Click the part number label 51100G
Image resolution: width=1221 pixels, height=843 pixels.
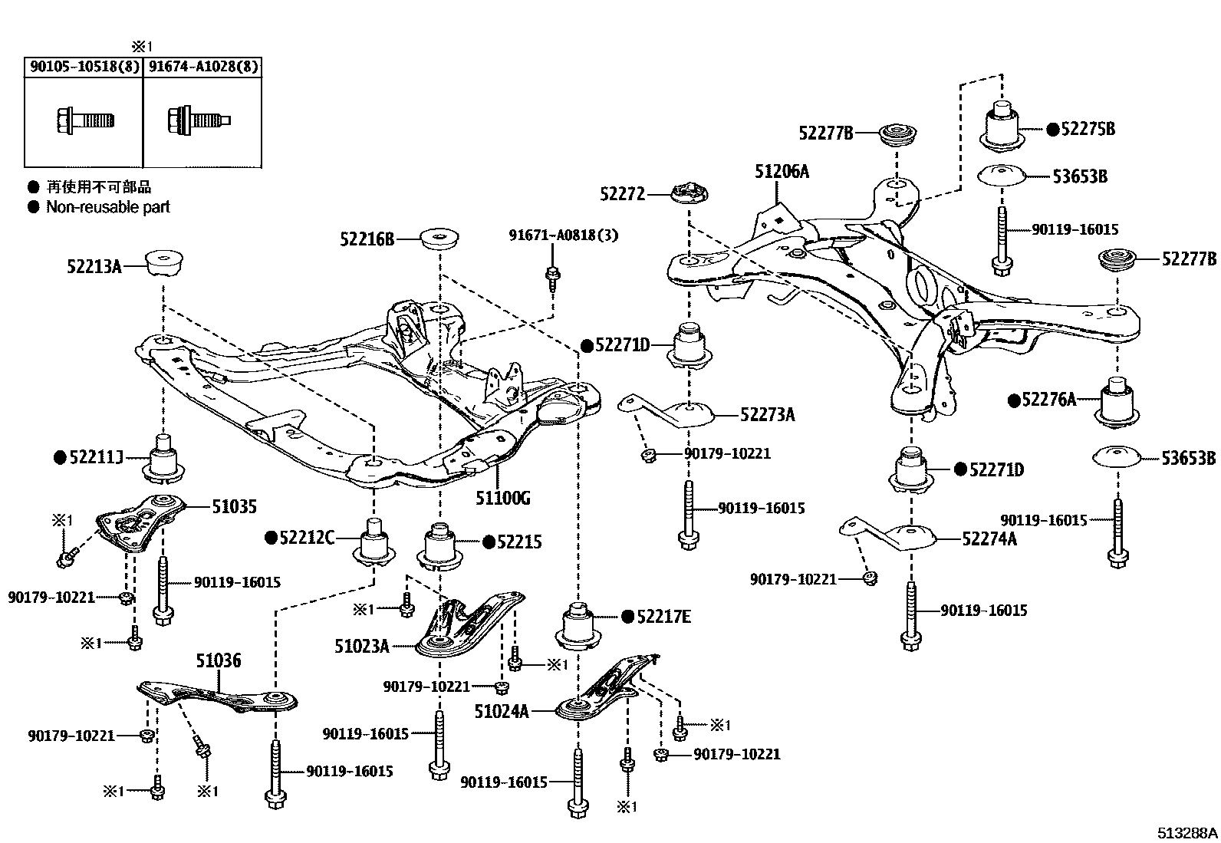tap(502, 499)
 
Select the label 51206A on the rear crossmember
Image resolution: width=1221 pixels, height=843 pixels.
tap(782, 171)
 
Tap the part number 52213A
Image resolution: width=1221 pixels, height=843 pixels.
tap(94, 266)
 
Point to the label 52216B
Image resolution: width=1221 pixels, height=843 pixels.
tap(367, 239)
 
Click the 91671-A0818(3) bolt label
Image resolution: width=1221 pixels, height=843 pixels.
tap(563, 235)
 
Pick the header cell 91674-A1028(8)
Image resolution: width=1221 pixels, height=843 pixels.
tap(203, 67)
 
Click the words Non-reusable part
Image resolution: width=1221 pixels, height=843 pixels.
tap(108, 207)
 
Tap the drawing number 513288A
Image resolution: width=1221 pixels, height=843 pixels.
tap(1187, 832)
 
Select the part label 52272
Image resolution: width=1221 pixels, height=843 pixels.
tap(623, 195)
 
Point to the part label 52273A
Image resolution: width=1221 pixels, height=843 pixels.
tap(767, 415)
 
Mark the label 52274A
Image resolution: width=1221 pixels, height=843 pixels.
tap(989, 538)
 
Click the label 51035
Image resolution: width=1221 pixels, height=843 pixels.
tap(234, 506)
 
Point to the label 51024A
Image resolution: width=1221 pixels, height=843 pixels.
tap(502, 711)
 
